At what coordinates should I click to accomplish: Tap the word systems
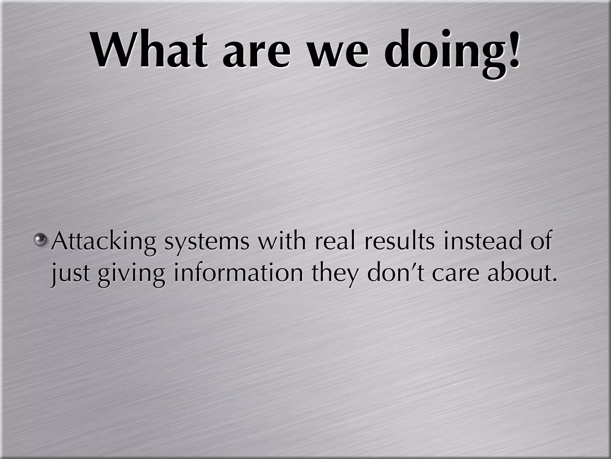pyautogui.click(x=207, y=244)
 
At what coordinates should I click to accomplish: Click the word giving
pyautogui.click(x=131, y=274)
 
